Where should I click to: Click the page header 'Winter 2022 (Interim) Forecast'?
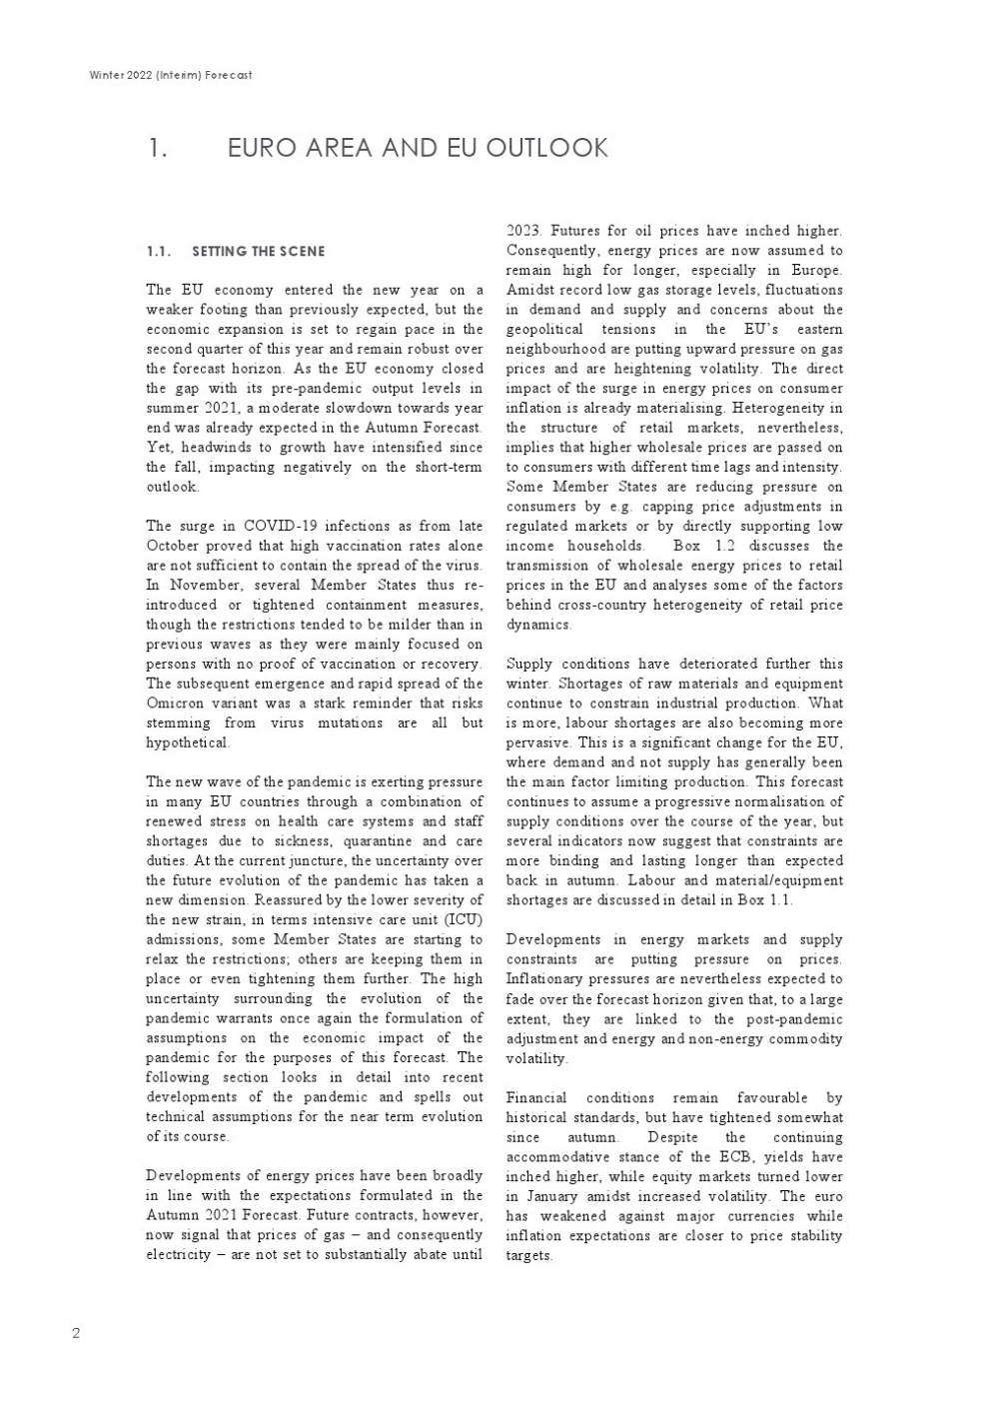point(170,75)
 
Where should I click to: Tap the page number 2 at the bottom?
point(76,1333)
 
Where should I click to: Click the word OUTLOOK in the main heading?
point(546,148)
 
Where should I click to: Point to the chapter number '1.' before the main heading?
point(158,148)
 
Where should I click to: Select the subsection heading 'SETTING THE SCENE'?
point(258,251)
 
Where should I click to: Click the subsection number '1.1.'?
point(159,251)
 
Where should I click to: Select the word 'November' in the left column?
point(205,585)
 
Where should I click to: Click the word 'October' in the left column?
point(173,546)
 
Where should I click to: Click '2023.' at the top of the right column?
point(524,231)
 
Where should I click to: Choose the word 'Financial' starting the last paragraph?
point(535,1097)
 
